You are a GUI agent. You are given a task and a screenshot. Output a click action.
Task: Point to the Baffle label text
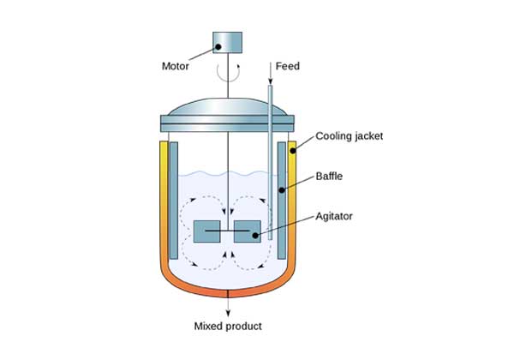click(330, 176)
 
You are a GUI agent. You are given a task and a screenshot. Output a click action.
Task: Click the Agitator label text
click(334, 216)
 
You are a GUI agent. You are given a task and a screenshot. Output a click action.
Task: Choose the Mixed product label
click(228, 326)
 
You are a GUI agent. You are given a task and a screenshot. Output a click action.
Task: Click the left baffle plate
click(175, 203)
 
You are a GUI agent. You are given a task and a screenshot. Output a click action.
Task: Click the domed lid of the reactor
click(228, 109)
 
